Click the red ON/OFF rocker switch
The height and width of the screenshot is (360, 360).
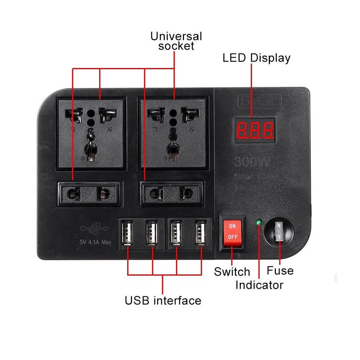click(233, 232)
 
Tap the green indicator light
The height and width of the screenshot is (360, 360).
click(259, 222)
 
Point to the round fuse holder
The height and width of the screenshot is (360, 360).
click(279, 232)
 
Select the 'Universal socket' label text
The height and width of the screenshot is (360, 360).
click(176, 41)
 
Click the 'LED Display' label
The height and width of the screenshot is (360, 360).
click(256, 58)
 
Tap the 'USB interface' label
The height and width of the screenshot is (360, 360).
click(163, 300)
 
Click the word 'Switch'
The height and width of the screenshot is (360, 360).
click(232, 272)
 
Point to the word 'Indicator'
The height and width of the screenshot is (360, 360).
click(259, 285)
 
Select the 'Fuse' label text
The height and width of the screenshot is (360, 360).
click(280, 271)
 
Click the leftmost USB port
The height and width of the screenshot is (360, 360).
click(127, 233)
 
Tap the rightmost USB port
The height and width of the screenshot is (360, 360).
click(201, 233)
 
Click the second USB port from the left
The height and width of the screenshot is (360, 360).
click(152, 233)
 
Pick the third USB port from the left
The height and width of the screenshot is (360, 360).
click(176, 233)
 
